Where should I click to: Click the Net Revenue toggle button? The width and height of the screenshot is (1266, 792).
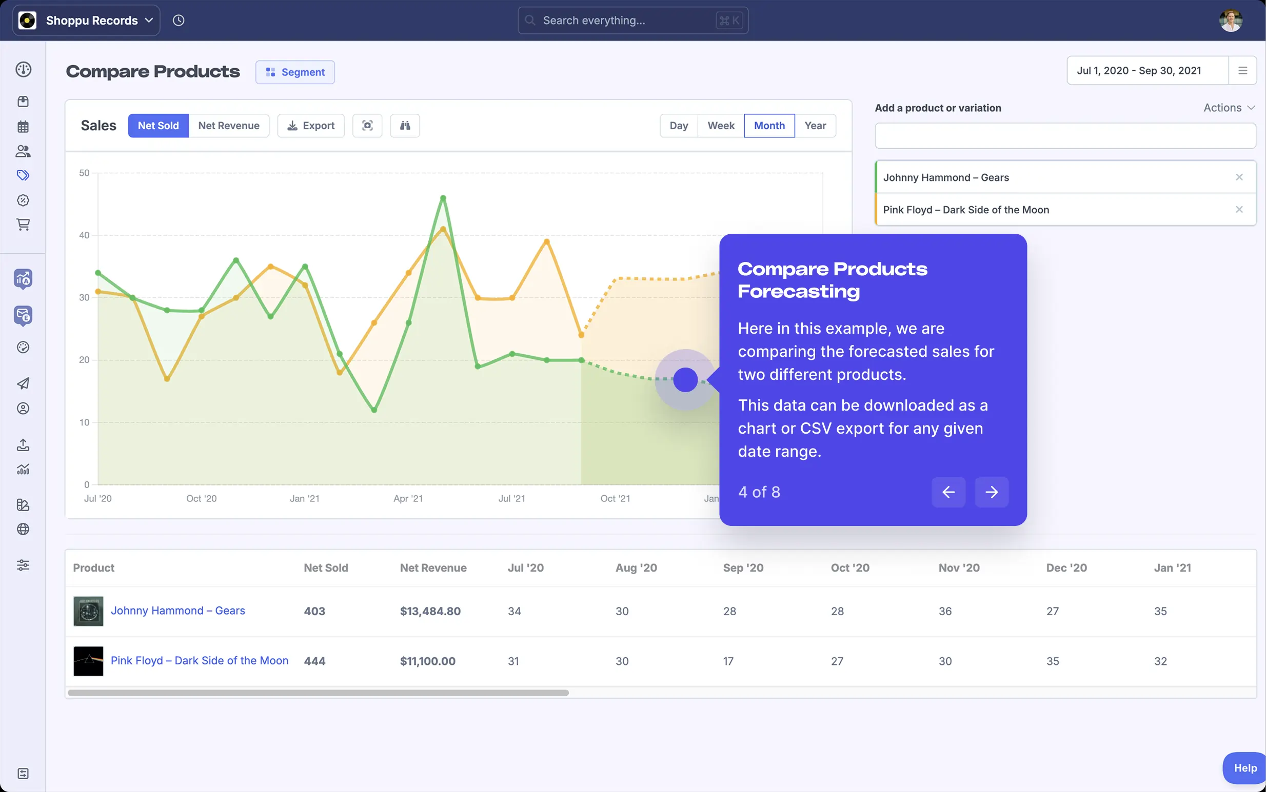pos(228,126)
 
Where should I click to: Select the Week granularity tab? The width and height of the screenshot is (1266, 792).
pos(721,126)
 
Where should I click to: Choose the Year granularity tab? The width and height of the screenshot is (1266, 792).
pos(815,126)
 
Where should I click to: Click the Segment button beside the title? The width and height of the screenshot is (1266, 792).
pos(295,72)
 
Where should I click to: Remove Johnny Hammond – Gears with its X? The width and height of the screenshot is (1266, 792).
pos(1239,177)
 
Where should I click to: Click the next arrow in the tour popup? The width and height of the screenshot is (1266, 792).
pos(991,492)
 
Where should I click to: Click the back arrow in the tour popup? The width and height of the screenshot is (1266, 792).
pos(948,492)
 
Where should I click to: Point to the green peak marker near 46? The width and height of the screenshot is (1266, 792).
pos(443,198)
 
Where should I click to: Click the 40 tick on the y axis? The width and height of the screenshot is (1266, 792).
pos(84,235)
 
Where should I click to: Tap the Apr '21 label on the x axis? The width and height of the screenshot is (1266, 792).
pos(408,499)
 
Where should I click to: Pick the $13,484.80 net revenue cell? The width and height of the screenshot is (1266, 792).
pos(430,611)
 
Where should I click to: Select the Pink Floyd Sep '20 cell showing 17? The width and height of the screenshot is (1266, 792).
pos(728,661)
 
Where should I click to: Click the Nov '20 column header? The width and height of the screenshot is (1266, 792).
pos(959,568)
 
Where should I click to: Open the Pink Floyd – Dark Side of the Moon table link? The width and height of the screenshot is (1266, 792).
pos(199,661)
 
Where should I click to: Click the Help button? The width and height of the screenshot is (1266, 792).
pos(1244,768)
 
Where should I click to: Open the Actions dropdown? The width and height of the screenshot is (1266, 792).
pos(1228,108)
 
